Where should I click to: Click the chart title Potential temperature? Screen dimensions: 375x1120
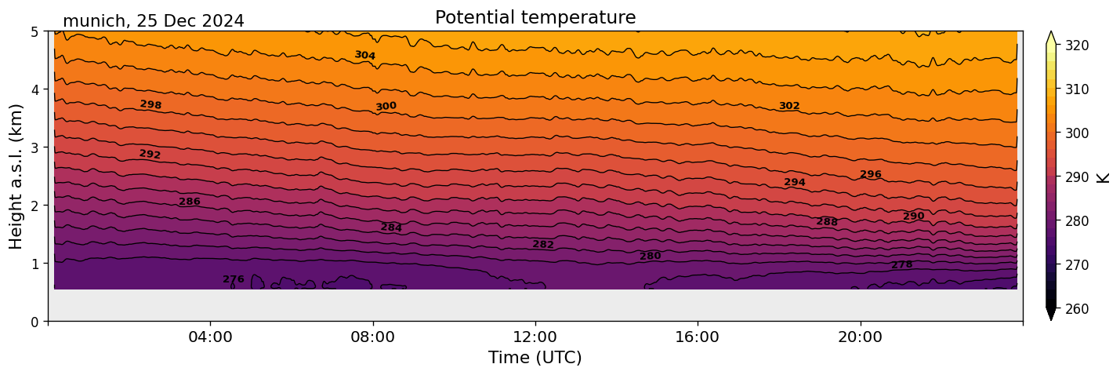pyautogui.click(x=535, y=17)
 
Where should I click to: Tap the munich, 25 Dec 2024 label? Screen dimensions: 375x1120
pyautogui.click(x=153, y=21)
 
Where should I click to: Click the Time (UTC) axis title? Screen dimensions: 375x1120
pyautogui.click(x=535, y=358)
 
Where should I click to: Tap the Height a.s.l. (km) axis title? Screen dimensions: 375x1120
pyautogui.click(x=17, y=177)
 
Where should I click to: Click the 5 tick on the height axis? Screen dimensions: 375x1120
pyautogui.click(x=36, y=31)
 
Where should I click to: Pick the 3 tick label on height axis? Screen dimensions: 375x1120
pyautogui.click(x=36, y=147)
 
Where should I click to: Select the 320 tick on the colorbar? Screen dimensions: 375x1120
pyautogui.click(x=1076, y=46)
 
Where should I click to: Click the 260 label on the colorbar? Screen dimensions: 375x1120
pyautogui.click(x=1076, y=309)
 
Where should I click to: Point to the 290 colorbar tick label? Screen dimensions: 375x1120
pyautogui.click(x=1076, y=177)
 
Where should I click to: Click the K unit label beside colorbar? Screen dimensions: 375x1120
pyautogui.click(x=1104, y=177)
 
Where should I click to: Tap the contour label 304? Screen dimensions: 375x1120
pyautogui.click(x=364, y=55)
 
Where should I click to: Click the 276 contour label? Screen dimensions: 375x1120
pyautogui.click(x=234, y=279)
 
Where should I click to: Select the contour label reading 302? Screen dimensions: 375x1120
pyautogui.click(x=789, y=106)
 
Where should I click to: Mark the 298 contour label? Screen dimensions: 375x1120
pyautogui.click(x=150, y=104)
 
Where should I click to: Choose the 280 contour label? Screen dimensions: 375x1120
pyautogui.click(x=650, y=257)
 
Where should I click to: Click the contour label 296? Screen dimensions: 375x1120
pyautogui.click(x=871, y=174)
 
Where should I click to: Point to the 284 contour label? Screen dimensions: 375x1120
pyautogui.click(x=391, y=228)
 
